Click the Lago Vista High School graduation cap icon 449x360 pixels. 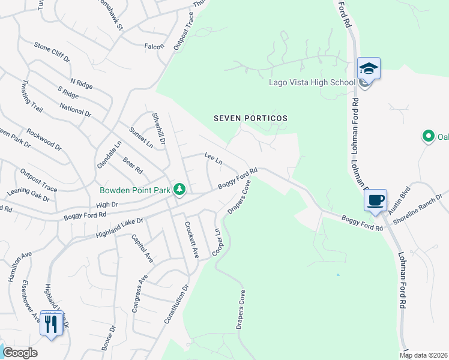coord(369,68)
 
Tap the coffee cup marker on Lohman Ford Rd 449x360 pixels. coord(376,200)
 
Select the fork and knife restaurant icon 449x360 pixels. coord(50,324)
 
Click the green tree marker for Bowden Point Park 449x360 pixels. coord(179,190)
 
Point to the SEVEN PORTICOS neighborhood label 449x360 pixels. coord(251,118)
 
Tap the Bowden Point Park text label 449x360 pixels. coord(135,191)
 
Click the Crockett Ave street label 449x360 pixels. coord(191,240)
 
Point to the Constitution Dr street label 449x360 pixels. coord(176,305)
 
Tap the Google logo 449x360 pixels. coord(20,353)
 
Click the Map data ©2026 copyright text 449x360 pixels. coord(424,355)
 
